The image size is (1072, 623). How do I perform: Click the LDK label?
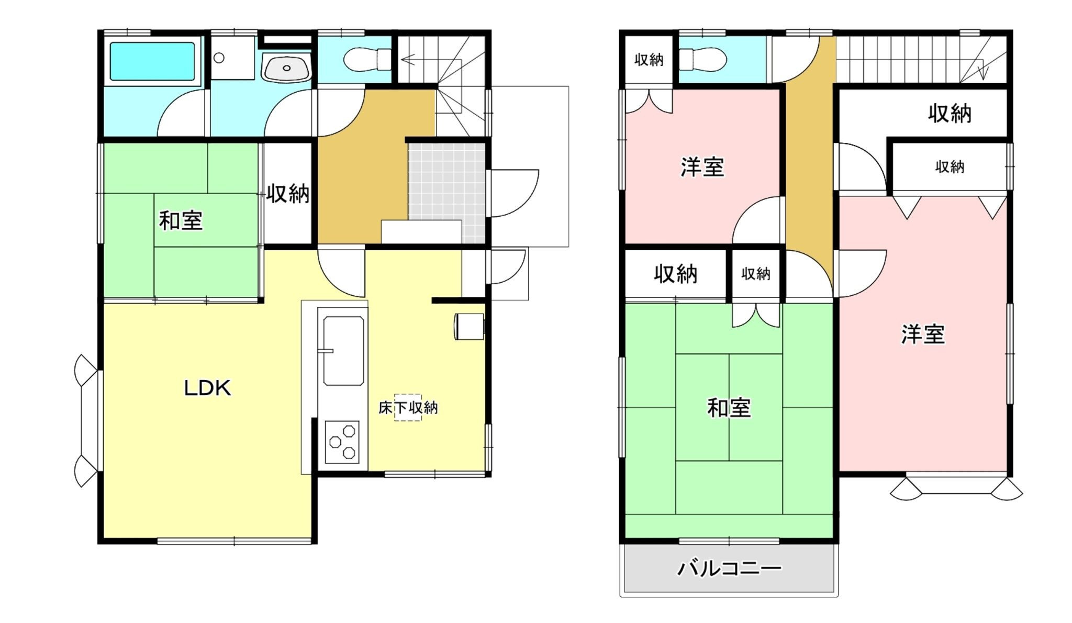[207, 388]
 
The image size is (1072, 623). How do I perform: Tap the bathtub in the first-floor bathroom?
[152, 61]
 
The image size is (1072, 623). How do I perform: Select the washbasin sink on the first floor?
[286, 68]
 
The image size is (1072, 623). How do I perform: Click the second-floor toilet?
[702, 59]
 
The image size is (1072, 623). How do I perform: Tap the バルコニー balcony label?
[729, 568]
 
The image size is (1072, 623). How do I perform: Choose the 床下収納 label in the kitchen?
[408, 407]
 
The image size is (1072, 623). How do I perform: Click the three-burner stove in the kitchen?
[342, 442]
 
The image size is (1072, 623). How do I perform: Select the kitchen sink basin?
[343, 350]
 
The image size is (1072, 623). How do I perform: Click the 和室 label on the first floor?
[181, 220]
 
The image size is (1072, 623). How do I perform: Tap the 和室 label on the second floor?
[729, 408]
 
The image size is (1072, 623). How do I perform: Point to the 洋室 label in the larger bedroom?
[923, 335]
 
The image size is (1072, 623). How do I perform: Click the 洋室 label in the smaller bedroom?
[702, 167]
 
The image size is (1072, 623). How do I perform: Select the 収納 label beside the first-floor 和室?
[288, 194]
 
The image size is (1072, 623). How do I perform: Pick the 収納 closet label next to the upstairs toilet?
[649, 60]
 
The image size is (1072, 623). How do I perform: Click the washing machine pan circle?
[219, 58]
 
